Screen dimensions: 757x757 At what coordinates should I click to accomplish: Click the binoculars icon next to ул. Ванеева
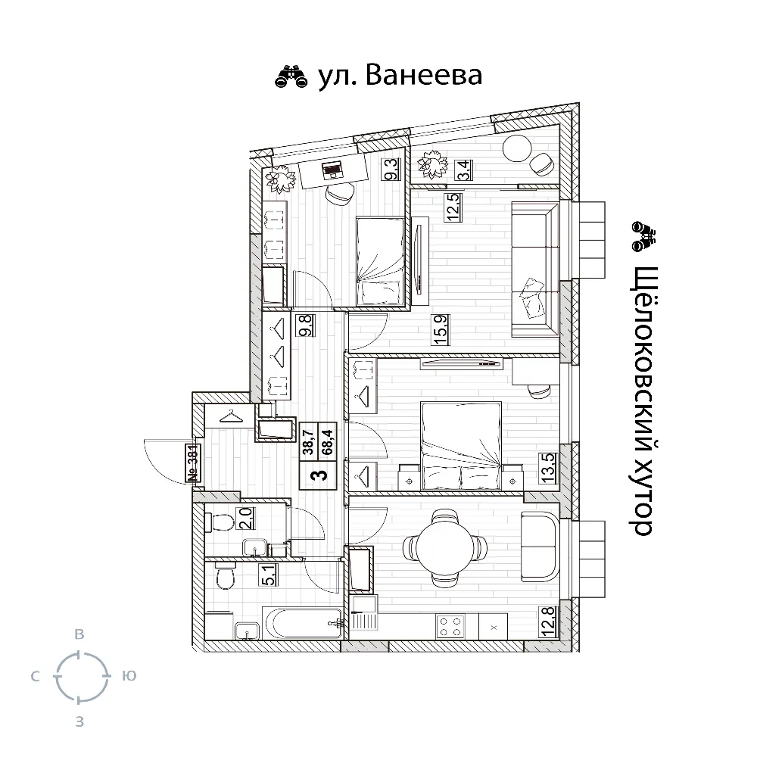[291, 76]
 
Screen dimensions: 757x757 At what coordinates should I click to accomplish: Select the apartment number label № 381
[193, 463]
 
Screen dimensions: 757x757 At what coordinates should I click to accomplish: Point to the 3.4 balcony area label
[465, 170]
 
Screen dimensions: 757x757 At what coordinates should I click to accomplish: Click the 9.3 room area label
[391, 170]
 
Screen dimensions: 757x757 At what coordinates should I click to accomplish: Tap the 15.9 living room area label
[441, 329]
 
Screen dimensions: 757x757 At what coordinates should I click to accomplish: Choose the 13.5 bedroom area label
[548, 469]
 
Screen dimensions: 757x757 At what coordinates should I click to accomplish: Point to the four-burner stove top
[450, 626]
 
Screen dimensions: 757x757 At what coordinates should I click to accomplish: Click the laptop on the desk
[332, 170]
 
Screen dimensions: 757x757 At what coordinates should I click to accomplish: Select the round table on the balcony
[517, 148]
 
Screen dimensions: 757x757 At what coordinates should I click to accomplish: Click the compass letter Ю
[129, 675]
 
